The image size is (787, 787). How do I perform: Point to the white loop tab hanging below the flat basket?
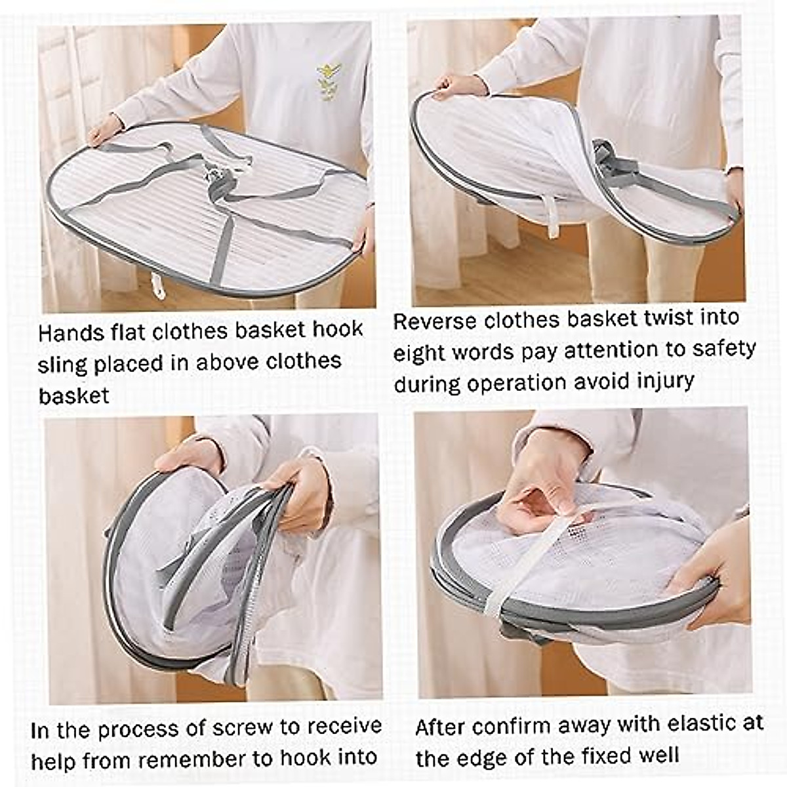(157, 284)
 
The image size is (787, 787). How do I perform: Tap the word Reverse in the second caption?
(435, 321)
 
